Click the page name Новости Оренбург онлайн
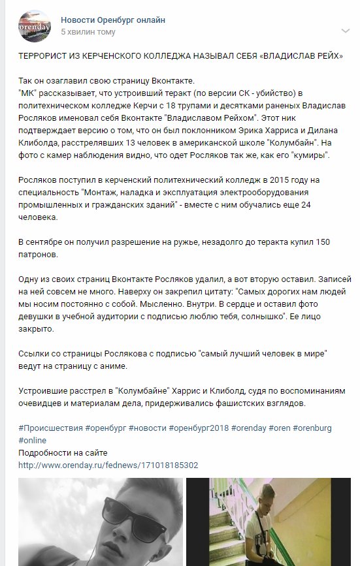(x=112, y=20)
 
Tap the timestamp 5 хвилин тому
(x=88, y=31)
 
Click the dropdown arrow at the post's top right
(x=345, y=31)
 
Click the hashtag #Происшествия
(x=50, y=428)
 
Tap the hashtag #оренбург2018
(x=195, y=428)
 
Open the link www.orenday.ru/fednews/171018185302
(x=108, y=465)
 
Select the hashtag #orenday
(x=246, y=428)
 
